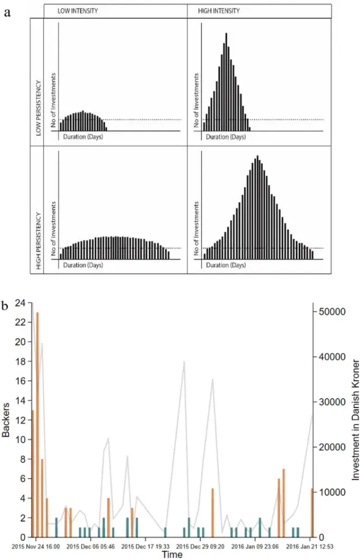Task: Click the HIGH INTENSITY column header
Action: [x=218, y=11]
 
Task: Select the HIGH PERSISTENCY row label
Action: [x=39, y=240]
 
